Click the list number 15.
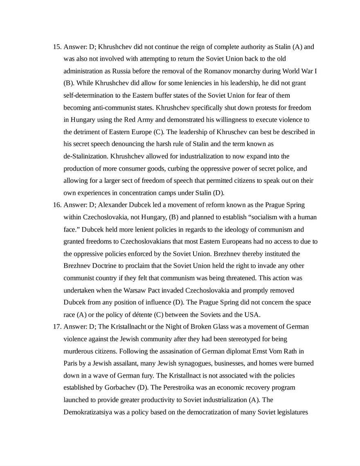coord(57,47)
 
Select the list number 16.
coord(57,205)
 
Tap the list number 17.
coord(57,326)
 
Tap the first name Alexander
coord(113,205)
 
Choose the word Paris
coord(71,363)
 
